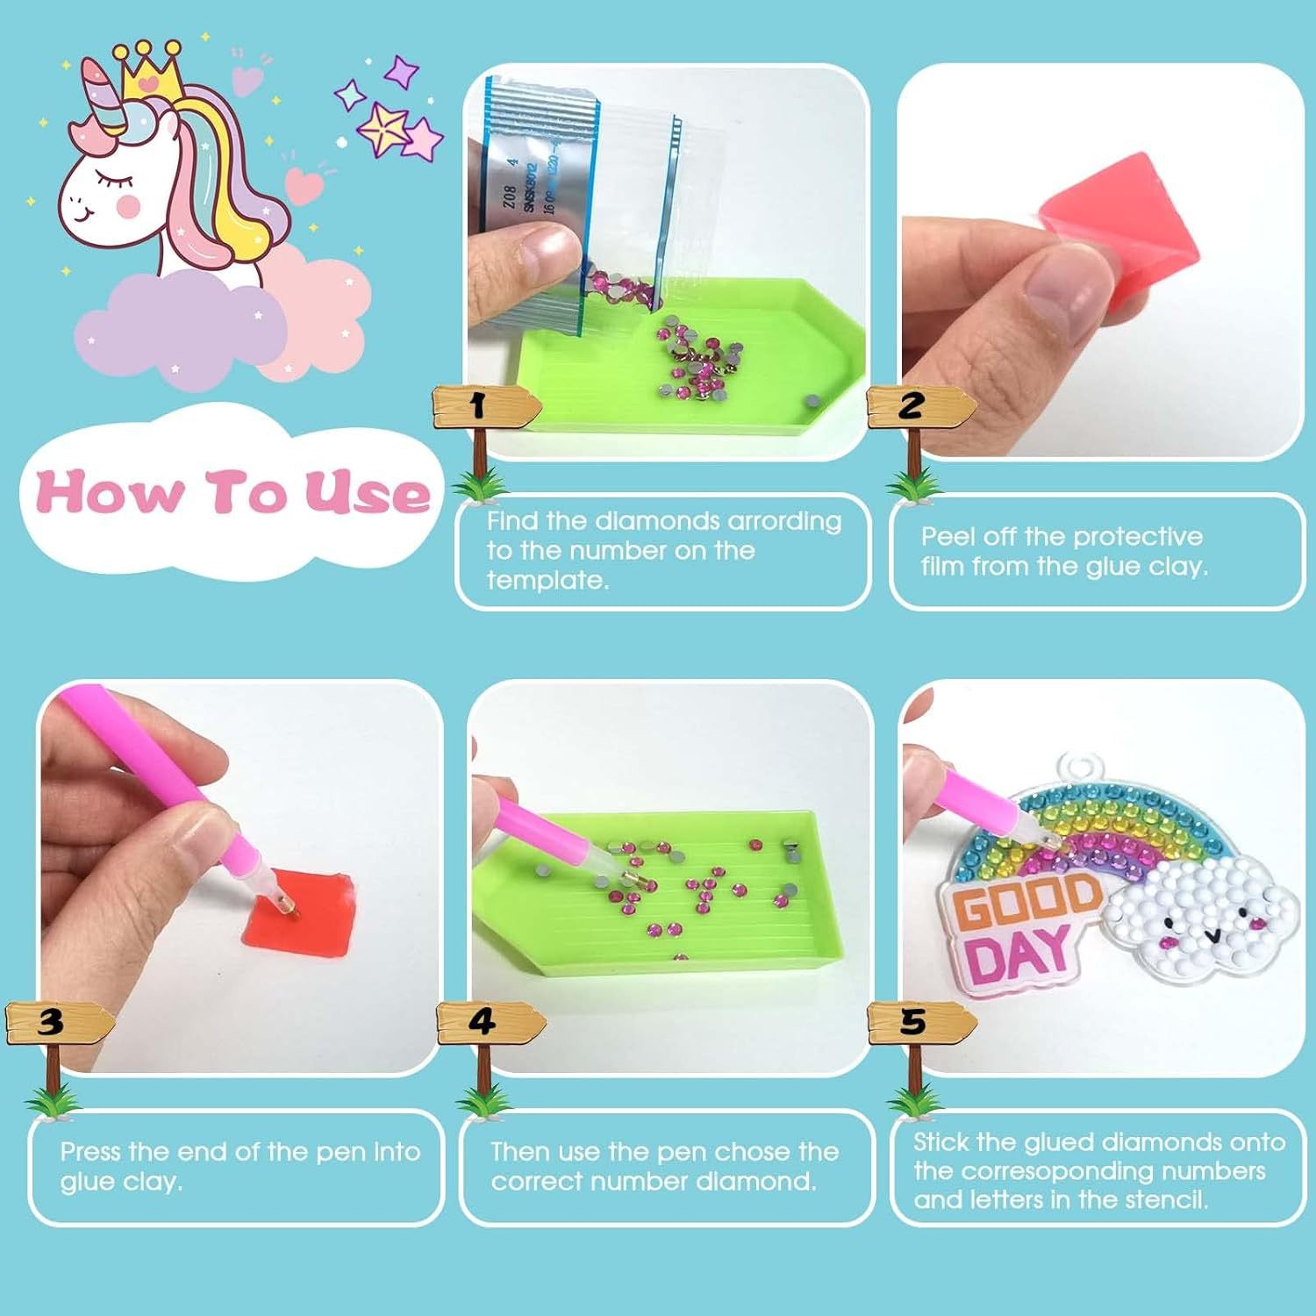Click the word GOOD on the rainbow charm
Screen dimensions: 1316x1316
(x=1026, y=904)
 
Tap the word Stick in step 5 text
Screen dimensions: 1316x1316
(x=941, y=1141)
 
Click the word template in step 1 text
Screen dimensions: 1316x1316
(x=547, y=580)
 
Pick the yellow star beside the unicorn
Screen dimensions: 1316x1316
(x=383, y=128)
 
